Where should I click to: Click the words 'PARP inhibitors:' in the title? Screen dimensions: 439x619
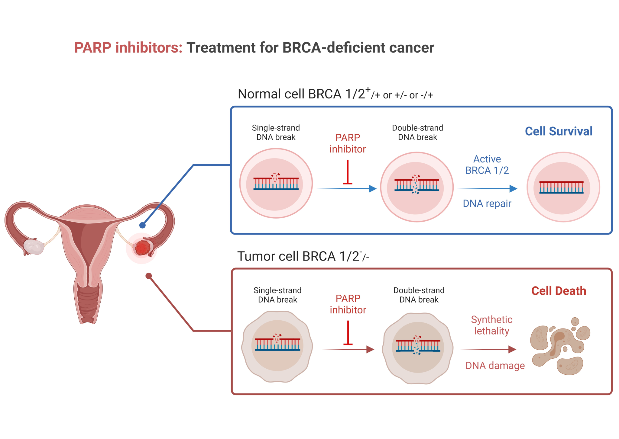(x=128, y=48)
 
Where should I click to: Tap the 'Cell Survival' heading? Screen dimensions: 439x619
(x=559, y=131)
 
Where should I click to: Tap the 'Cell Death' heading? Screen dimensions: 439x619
(x=559, y=291)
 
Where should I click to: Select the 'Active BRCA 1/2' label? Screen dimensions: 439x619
(x=487, y=165)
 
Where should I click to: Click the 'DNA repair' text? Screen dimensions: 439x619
(x=487, y=203)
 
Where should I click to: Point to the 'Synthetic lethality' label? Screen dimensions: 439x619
(x=491, y=325)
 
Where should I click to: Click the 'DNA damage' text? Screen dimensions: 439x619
(x=495, y=366)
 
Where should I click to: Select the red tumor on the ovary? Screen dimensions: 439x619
(x=142, y=248)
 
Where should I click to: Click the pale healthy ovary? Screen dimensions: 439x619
(x=34, y=247)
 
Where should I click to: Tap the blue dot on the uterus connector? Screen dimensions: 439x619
(x=142, y=225)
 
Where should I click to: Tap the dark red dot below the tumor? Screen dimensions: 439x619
(x=148, y=276)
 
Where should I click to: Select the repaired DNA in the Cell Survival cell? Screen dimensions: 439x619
(x=561, y=187)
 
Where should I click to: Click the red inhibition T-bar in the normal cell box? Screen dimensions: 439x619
(x=348, y=172)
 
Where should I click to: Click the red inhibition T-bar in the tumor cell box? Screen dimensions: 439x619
(x=348, y=333)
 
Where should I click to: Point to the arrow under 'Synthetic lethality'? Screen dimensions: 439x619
(x=488, y=349)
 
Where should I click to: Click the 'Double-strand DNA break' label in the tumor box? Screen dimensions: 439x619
(x=419, y=295)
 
